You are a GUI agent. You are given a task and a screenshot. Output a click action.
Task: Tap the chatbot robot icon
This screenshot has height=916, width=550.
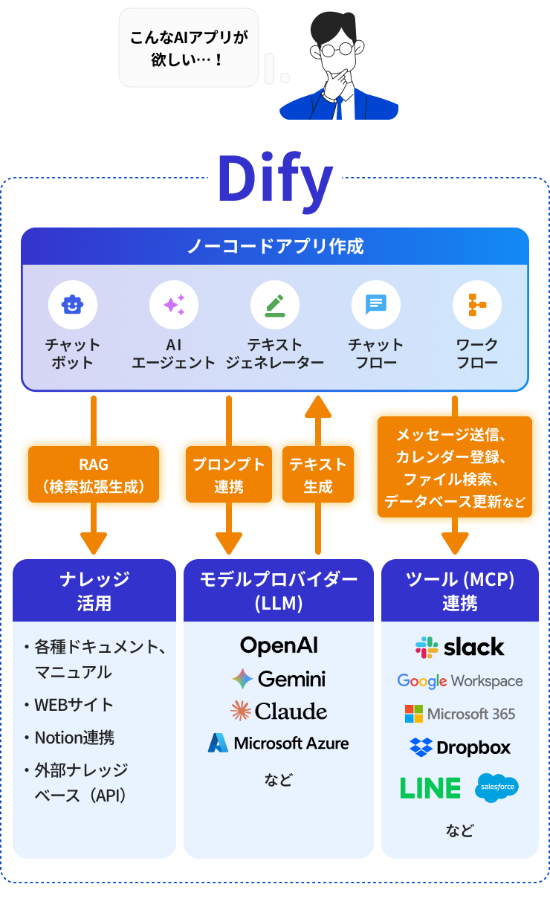pos(73,304)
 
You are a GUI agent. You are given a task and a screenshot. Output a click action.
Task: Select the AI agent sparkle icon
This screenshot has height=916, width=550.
pos(174,304)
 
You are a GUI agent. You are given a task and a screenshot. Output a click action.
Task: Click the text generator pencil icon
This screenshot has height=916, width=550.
pos(275,304)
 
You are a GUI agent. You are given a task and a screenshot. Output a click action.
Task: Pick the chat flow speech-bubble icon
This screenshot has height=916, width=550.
pos(376,304)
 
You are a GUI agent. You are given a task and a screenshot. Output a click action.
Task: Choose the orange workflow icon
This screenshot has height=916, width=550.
pos(477,304)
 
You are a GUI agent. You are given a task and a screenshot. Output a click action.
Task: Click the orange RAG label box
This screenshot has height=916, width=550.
pos(94,476)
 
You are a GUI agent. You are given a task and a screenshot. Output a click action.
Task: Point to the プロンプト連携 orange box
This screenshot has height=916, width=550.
pos(229,476)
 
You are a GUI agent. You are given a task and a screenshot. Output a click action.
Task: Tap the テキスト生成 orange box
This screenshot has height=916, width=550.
pos(318,476)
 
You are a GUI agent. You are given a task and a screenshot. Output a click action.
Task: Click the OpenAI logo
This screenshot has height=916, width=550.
pos(279,645)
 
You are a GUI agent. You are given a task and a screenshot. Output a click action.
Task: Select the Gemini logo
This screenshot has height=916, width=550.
pos(279,679)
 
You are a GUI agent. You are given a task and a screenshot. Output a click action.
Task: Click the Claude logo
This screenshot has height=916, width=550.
pos(279,712)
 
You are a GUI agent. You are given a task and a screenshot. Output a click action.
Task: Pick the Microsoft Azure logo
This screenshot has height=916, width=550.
pos(279,743)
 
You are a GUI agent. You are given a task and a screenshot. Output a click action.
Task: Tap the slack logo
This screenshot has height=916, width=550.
pos(460,647)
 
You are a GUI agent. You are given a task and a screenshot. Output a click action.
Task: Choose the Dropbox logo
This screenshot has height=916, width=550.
pos(460,747)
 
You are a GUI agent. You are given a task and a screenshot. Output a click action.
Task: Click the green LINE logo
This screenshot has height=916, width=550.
pos(430,788)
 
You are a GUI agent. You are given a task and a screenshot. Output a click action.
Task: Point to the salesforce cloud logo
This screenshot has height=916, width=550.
pos(497,788)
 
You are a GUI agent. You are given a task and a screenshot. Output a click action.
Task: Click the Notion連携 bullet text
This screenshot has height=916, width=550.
pos(74,738)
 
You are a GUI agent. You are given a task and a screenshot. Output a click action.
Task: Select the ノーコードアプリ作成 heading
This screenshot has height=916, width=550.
pos(275,246)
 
